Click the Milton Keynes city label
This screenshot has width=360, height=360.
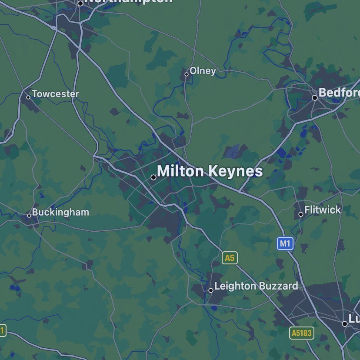tap(210, 171)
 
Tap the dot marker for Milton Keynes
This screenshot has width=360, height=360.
tap(153, 177)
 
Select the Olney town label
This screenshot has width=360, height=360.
tap(203, 71)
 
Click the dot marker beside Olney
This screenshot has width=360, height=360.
tap(187, 74)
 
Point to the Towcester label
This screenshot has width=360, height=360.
tap(55, 94)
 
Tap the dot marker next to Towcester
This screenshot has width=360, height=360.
tap(28, 97)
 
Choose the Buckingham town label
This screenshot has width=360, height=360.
tap(60, 212)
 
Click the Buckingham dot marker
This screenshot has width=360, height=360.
tap(29, 215)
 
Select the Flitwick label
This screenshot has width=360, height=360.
tap(323, 210)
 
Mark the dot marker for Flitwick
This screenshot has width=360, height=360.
tap(301, 214)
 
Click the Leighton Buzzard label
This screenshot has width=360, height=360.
tap(256, 286)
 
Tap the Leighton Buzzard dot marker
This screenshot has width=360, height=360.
tap(211, 290)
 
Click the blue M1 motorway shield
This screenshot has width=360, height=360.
tap(285, 244)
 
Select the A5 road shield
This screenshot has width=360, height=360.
tap(230, 258)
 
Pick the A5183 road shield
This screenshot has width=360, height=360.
tap(302, 333)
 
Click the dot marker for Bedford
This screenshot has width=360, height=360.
tap(315, 98)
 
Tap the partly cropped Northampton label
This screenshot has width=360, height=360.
tap(128, 1)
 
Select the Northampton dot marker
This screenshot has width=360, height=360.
tap(80, 3)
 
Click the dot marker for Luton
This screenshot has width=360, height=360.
tap(345, 324)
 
